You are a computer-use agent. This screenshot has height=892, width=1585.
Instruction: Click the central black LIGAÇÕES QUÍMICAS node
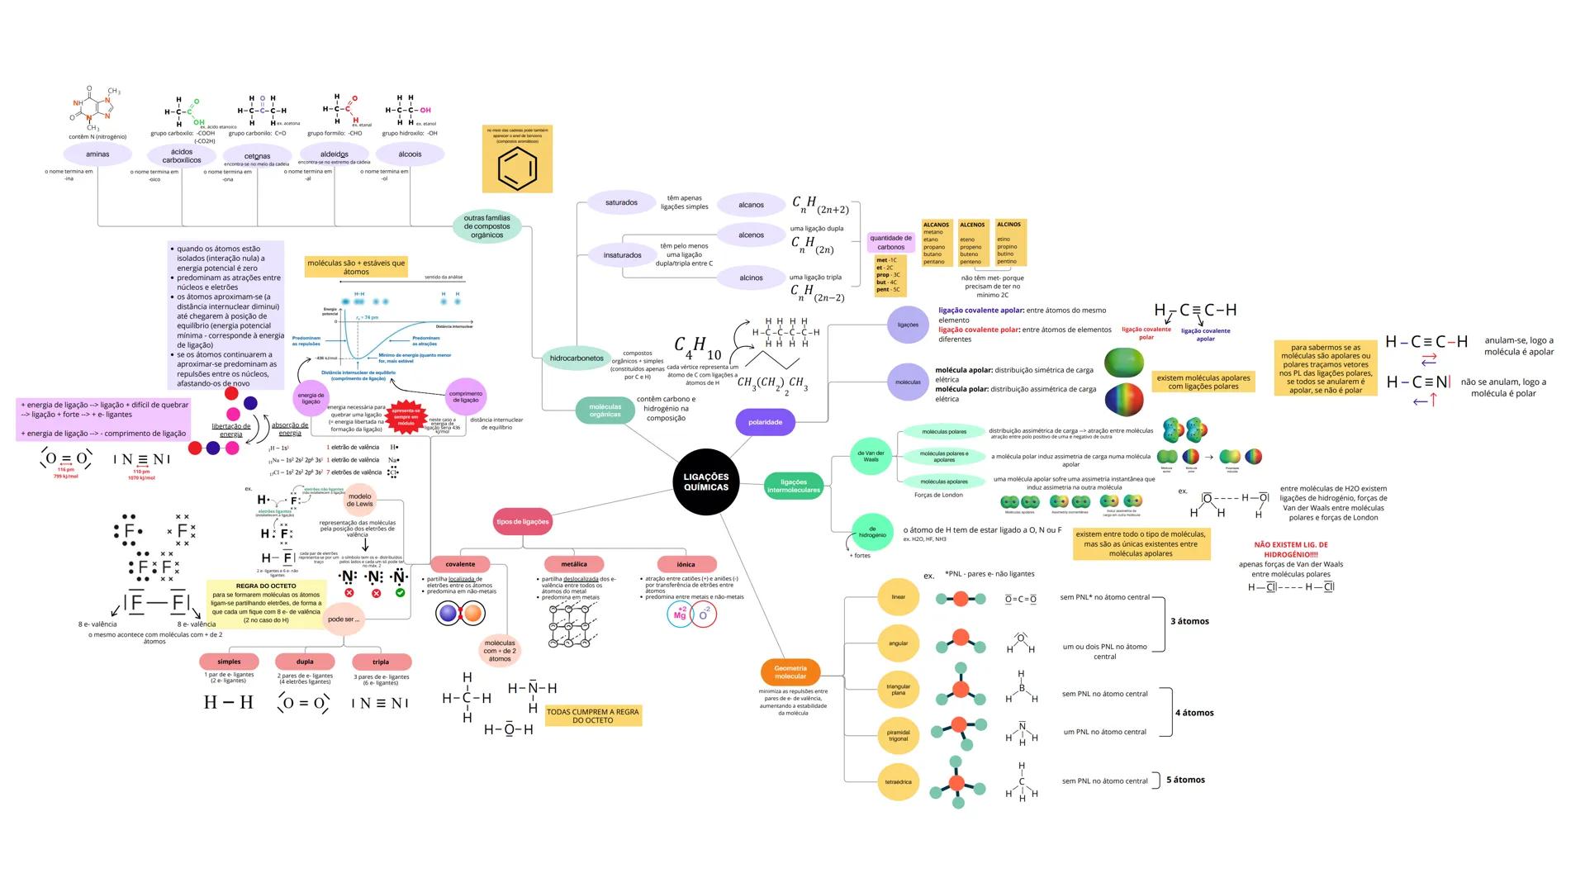[706, 482]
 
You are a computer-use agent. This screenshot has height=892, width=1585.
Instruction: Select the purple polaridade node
[765, 422]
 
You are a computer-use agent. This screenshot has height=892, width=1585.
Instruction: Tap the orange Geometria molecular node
[790, 672]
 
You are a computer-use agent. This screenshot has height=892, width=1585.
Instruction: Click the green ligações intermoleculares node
[793, 486]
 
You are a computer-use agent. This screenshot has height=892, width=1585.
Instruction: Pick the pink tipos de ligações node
[522, 522]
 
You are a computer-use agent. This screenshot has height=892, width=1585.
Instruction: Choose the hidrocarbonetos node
[576, 358]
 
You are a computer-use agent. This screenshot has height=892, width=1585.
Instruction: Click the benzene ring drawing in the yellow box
[518, 168]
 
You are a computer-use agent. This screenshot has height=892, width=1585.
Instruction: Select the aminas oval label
[97, 154]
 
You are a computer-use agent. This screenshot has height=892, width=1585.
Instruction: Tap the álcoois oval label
[410, 154]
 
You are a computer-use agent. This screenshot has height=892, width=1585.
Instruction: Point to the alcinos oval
[751, 278]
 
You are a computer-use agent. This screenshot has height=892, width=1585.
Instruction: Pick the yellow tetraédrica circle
[898, 781]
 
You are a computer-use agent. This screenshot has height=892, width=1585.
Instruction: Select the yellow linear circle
[898, 597]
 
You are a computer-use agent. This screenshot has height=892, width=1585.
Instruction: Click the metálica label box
[574, 565]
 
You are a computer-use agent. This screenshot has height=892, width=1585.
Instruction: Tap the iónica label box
[686, 565]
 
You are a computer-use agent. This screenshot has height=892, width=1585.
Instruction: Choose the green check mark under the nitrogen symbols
[400, 593]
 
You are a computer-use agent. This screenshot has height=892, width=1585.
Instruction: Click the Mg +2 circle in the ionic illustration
[681, 614]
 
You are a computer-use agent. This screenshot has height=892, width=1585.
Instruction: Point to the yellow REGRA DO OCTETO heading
[266, 586]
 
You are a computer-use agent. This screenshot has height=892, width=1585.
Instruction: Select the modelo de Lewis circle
[359, 501]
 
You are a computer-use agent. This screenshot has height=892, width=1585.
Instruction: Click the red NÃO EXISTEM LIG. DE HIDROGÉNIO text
[1290, 549]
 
